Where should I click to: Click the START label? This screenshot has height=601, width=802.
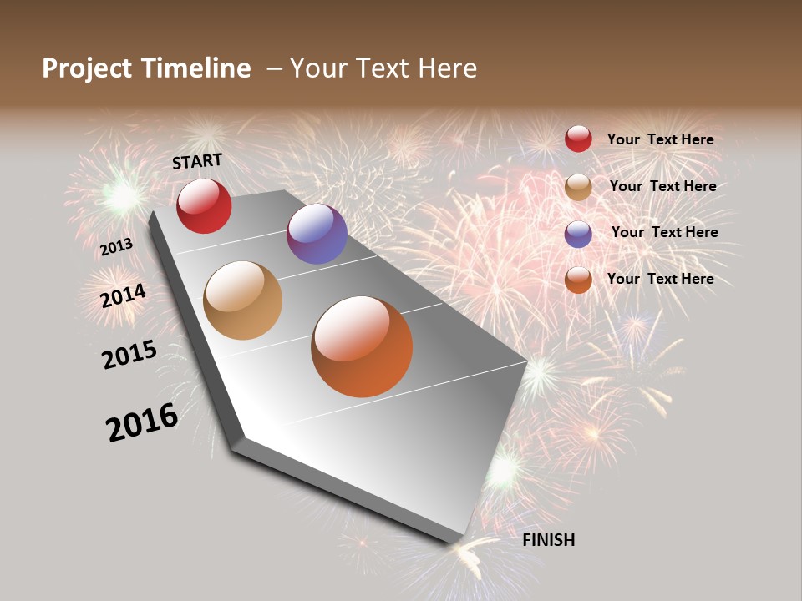[197, 161]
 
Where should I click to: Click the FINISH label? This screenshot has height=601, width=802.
[548, 540]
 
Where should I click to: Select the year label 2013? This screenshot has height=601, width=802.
[116, 247]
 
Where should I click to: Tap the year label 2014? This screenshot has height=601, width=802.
[124, 295]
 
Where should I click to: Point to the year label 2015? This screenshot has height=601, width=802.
[129, 355]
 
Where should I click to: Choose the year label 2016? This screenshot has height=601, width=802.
[142, 422]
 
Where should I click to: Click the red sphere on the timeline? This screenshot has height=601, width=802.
[204, 206]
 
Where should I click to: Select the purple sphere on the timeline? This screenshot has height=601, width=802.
[317, 234]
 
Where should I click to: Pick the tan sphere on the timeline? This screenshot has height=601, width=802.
[242, 300]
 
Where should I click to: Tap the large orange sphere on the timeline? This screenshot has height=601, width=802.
[362, 346]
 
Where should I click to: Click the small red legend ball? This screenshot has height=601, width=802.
[578, 139]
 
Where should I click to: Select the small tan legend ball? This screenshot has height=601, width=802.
[578, 187]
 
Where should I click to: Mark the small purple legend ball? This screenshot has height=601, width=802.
[578, 234]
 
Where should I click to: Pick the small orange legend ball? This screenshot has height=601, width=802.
[578, 280]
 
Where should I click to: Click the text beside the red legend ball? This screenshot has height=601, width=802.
[660, 139]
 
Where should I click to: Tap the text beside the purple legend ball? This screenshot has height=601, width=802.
[664, 232]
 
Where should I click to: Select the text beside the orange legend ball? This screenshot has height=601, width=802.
[660, 279]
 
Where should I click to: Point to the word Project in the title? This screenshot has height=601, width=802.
[86, 68]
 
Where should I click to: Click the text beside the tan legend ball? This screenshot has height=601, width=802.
[662, 186]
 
